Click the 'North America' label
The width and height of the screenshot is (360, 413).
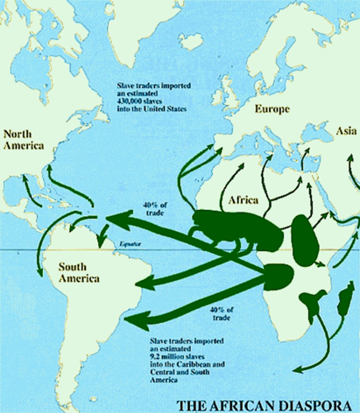23,140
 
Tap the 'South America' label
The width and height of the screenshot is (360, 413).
79,272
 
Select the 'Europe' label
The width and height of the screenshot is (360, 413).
272,109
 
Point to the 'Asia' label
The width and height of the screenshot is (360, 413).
346,131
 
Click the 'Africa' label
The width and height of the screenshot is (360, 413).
243,200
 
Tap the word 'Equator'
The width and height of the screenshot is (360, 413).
130,244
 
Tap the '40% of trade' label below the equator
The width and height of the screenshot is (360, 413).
221,313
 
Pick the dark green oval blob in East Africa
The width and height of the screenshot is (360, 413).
303,240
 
